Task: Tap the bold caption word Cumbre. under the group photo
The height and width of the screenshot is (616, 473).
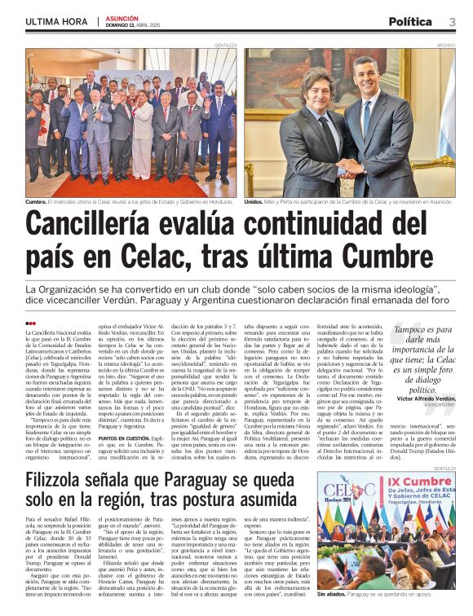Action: coord(36,200)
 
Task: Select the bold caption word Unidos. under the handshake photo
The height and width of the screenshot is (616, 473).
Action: coord(254,200)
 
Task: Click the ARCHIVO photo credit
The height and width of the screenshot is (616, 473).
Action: coord(445,46)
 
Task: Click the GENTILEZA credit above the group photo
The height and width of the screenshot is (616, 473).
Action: coord(226,46)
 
